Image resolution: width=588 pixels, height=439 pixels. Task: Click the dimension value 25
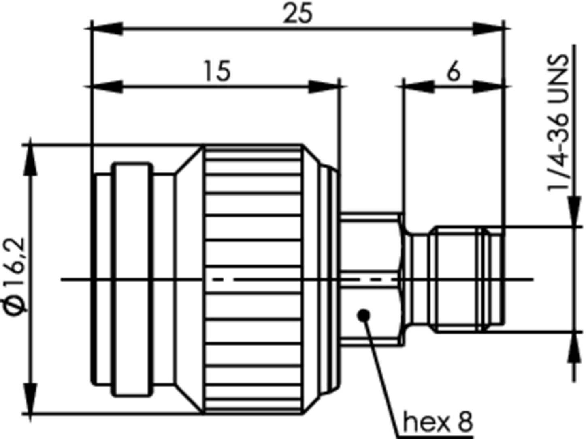298,14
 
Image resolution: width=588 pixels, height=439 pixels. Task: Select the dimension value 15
217,71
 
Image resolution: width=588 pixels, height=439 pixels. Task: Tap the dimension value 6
454,72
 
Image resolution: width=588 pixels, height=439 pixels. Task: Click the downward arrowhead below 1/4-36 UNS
574,211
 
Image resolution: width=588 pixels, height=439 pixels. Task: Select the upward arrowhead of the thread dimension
574,347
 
